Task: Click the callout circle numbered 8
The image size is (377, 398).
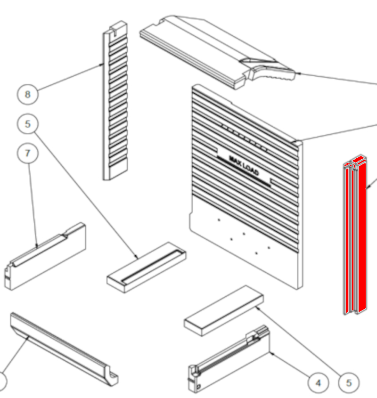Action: click(28, 94)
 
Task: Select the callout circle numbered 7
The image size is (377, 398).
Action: click(28, 153)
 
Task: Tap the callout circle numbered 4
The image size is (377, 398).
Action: click(318, 383)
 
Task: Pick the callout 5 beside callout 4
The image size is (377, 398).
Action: click(349, 383)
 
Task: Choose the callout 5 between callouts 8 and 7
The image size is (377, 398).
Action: click(28, 124)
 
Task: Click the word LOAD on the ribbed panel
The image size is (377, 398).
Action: click(250, 169)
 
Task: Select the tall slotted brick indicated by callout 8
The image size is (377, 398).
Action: click(115, 101)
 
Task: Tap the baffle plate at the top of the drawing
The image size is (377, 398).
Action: click(217, 52)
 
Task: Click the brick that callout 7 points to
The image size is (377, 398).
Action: click(45, 256)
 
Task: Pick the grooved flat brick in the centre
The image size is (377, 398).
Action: click(147, 268)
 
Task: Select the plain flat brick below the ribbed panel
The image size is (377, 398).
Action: click(224, 311)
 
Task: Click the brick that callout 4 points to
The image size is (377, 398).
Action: click(229, 359)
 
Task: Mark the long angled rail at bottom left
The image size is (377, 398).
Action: click(64, 349)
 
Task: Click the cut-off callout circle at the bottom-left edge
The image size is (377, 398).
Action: click(2, 382)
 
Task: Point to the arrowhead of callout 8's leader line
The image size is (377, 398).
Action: click(102, 64)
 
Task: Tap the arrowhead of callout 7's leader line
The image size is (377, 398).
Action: click(37, 246)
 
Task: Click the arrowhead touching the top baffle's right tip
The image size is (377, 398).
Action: click(299, 73)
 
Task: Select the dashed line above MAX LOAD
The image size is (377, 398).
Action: click(244, 138)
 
